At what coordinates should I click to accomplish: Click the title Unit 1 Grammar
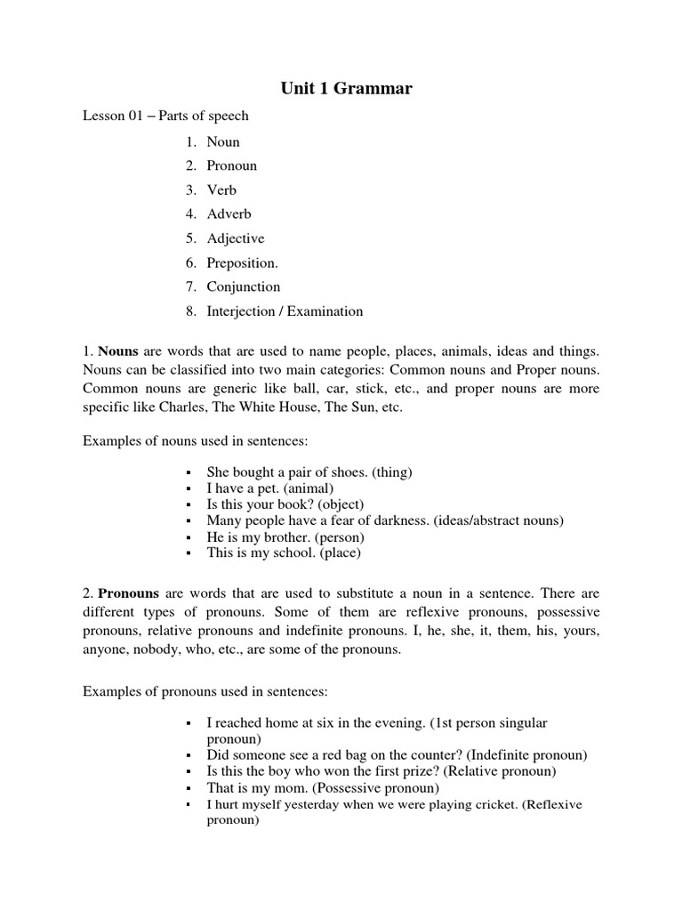[341, 88]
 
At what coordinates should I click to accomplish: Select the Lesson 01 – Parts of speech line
[165, 116]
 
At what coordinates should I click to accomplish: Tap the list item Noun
[223, 141]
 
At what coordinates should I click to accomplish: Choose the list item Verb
[221, 189]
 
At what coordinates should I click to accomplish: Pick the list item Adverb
[229, 214]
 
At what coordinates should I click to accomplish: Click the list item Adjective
[235, 238]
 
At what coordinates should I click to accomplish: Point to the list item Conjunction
[243, 286]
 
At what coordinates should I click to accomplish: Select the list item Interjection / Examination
[285, 311]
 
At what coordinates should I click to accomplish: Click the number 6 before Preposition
[190, 262]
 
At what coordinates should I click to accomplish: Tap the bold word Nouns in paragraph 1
[117, 351]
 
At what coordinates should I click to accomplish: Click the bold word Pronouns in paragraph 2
[128, 593]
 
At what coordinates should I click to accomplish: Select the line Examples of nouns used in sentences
[195, 441]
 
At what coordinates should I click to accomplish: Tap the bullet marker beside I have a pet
[189, 489]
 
